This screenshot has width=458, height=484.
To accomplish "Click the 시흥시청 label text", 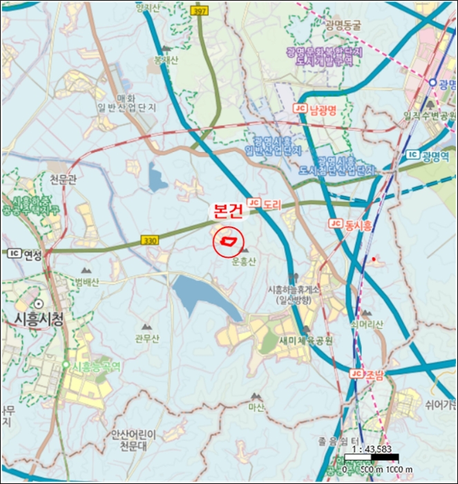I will [x=39, y=319].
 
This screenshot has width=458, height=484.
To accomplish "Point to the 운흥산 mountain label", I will [x=245, y=262].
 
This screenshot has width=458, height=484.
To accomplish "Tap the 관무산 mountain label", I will [x=147, y=338].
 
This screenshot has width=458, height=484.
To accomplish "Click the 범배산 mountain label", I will [x=88, y=281].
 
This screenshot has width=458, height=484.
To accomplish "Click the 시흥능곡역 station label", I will [x=97, y=366].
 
